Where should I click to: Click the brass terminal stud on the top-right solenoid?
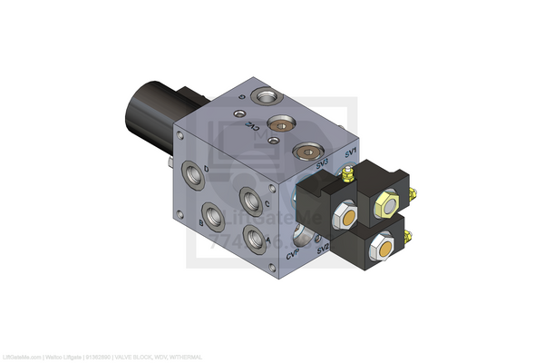(x=413, y=192)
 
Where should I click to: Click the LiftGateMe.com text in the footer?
(x=22, y=358)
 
